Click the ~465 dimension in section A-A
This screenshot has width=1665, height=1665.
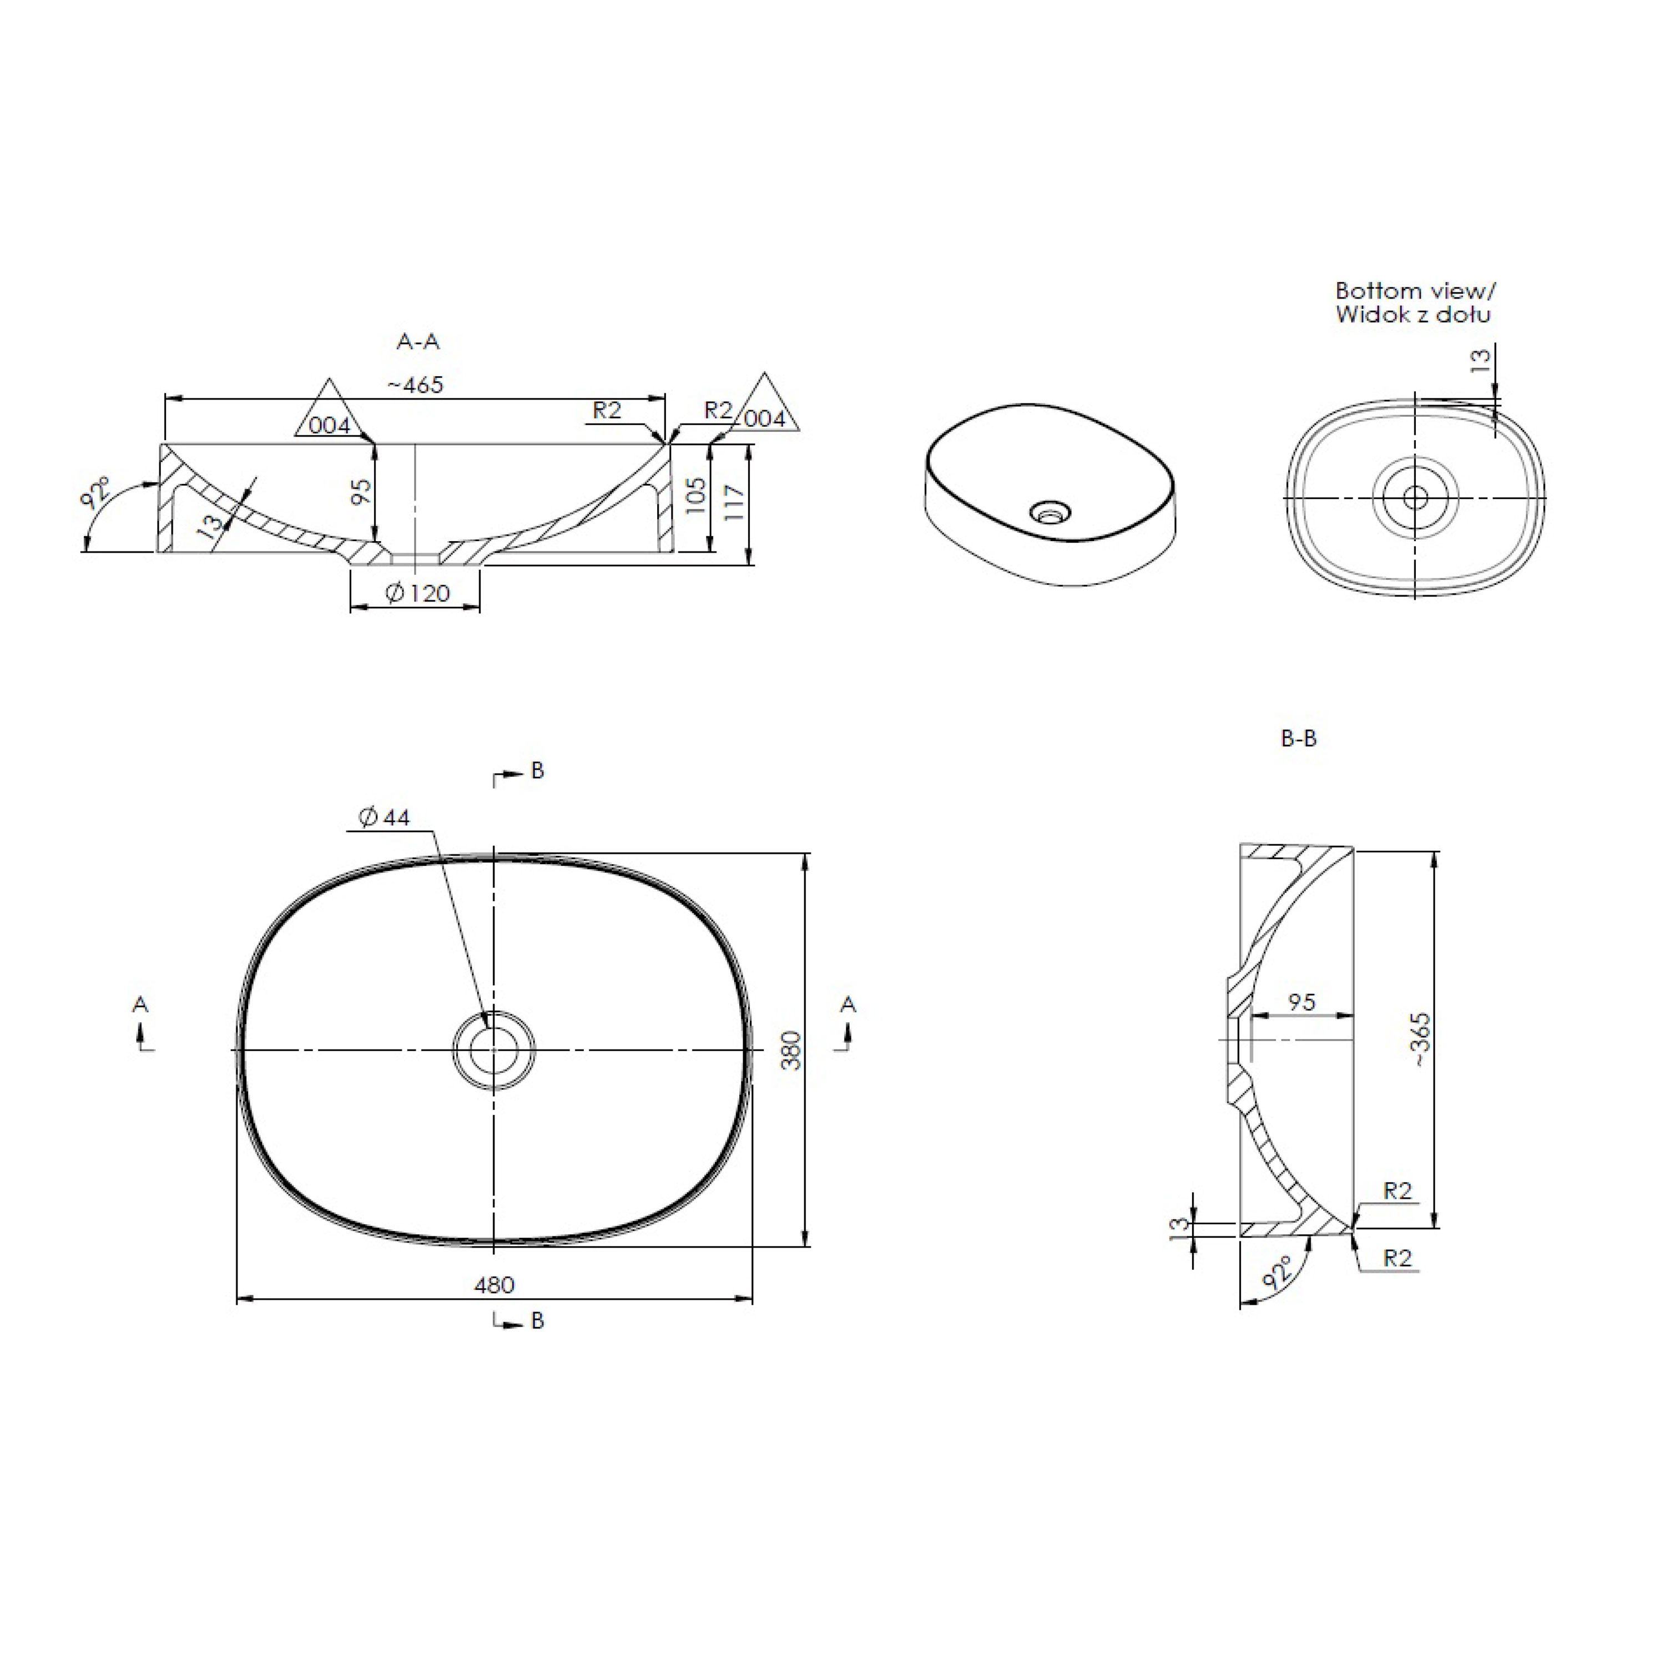point(415,385)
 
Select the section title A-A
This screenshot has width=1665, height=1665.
point(418,342)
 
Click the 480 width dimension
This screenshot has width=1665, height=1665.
point(494,1285)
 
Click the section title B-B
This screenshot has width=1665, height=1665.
point(1299,739)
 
